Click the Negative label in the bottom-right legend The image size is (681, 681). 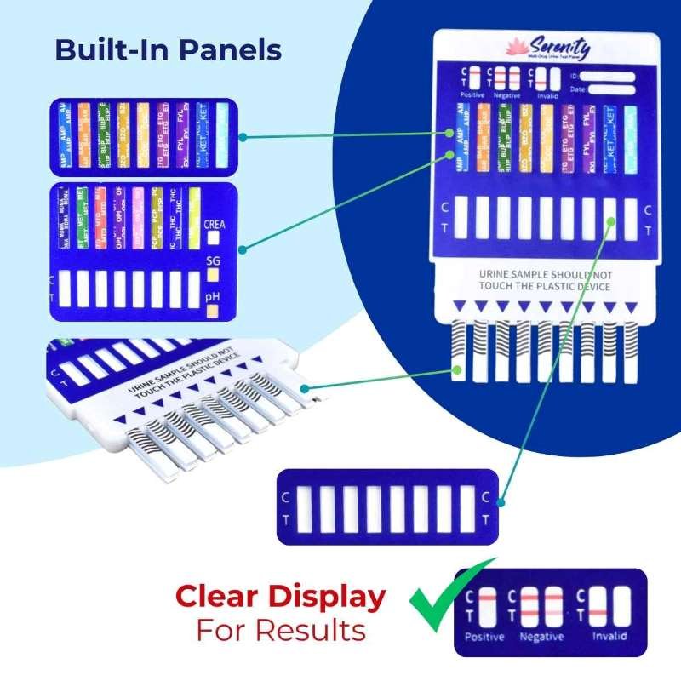point(542,636)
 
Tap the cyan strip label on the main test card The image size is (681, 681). point(631,136)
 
